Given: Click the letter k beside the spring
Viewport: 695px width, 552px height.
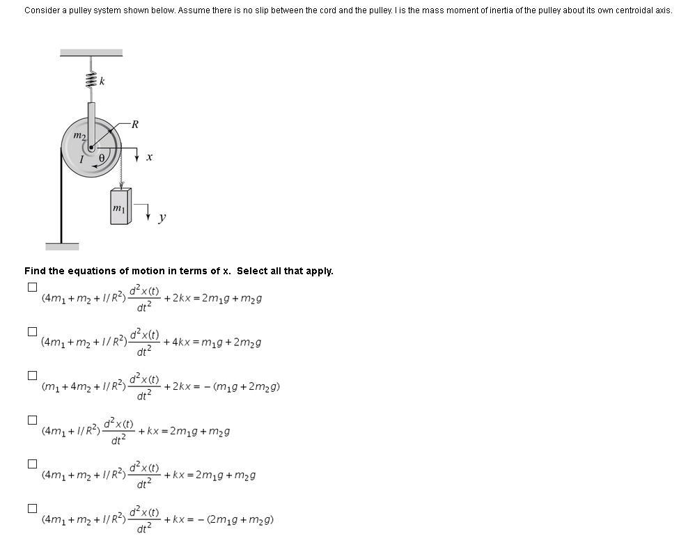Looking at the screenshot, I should [102, 81].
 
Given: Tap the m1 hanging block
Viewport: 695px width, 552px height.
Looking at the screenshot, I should [119, 207].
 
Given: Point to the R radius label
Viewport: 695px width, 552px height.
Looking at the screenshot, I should [134, 125].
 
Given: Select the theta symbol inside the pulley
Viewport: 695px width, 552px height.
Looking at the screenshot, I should [102, 159].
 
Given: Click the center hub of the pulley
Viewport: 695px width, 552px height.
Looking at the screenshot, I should [90, 148].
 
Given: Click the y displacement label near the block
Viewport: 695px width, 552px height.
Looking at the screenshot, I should [162, 218].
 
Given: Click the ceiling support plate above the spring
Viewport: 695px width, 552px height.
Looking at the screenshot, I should [91, 53].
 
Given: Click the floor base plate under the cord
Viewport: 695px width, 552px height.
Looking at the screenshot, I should [62, 246].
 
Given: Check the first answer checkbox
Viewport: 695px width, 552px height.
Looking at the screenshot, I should [31, 287].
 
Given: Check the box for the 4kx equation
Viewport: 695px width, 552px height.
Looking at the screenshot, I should [31, 331].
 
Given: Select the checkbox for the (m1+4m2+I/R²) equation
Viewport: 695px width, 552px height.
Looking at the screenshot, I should [31, 375].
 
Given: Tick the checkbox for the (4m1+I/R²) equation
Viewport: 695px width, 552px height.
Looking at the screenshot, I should [31, 420].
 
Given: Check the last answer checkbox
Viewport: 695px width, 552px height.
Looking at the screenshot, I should [31, 508].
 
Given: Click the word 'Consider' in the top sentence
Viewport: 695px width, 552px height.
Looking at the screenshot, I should [40, 10].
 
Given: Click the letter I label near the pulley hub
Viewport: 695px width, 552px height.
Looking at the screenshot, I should [81, 159].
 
